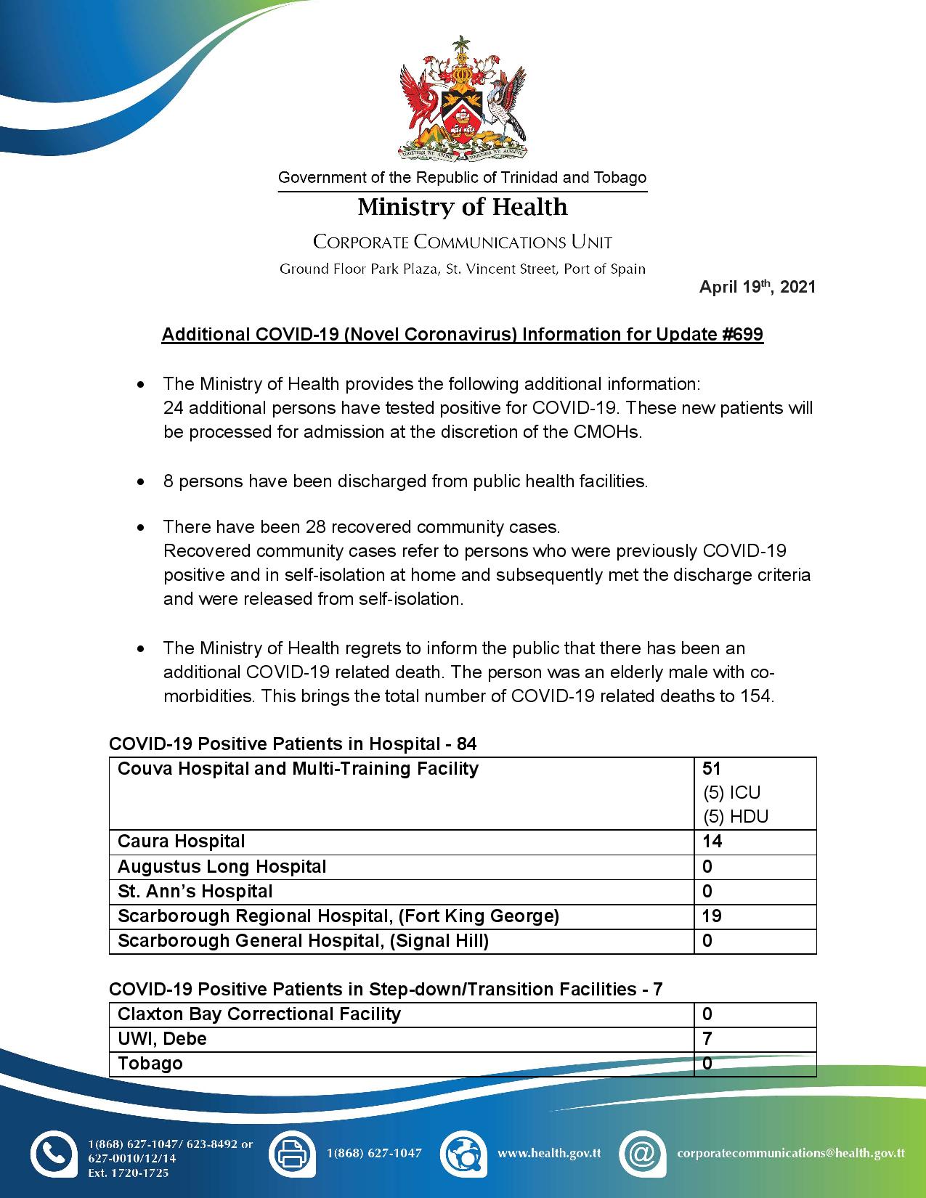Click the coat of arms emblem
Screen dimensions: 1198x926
point(463,98)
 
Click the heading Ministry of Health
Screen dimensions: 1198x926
point(463,207)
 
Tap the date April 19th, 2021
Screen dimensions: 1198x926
point(757,287)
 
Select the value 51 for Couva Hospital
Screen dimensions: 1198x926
point(712,768)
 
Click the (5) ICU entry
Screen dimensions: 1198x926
point(731,792)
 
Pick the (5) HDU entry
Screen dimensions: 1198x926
point(735,816)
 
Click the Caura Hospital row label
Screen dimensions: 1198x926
point(182,842)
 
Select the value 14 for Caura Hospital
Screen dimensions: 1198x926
point(712,842)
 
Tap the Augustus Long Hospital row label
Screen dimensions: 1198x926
point(222,866)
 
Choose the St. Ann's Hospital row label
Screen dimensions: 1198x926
point(195,891)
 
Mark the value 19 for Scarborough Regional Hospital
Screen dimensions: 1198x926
point(712,916)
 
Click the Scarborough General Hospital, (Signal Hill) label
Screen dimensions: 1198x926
point(303,941)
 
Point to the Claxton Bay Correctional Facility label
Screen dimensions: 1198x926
point(259,1014)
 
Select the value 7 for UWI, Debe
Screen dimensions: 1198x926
point(707,1038)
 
